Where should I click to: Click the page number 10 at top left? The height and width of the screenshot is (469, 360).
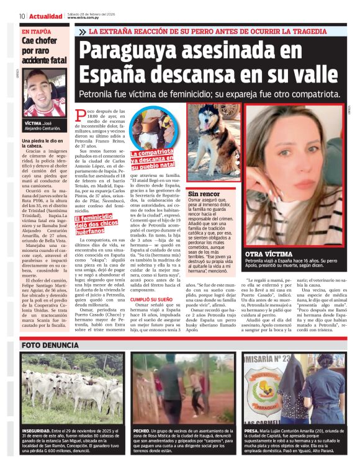click(x=22, y=16)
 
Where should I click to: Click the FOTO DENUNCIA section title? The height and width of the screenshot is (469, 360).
click(x=49, y=344)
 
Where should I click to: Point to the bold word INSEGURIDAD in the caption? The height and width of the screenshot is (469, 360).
click(x=38, y=430)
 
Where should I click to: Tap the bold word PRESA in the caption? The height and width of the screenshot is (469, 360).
click(x=251, y=430)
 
